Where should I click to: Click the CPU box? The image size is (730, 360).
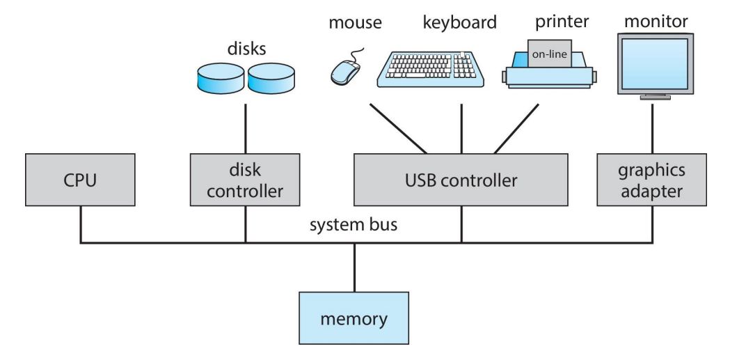click(81, 182)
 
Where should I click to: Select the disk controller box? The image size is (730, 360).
click(246, 182)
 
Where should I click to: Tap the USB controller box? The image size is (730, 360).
click(461, 182)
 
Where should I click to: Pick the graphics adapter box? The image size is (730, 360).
click(651, 182)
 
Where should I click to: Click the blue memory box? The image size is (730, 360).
click(354, 320)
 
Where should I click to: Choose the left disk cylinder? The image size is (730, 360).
click(217, 76)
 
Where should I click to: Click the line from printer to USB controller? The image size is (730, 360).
click(516, 129)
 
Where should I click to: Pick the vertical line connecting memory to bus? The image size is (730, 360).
click(354, 267)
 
